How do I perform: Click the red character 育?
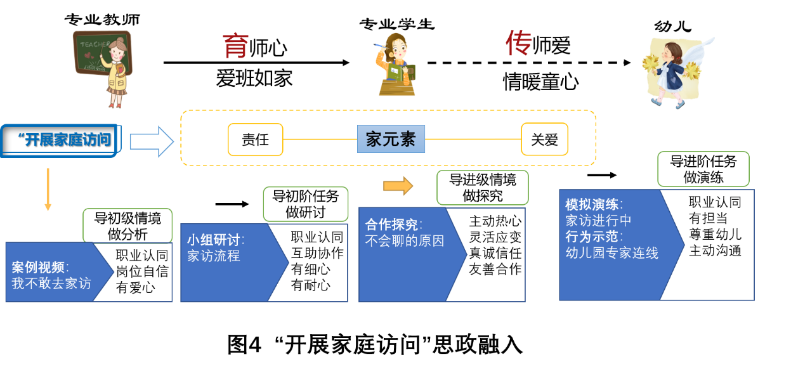235,46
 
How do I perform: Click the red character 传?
518,43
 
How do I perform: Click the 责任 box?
255,140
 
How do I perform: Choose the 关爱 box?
544,140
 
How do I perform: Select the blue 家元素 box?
391,139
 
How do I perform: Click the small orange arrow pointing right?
398,186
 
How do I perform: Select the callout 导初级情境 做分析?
127,226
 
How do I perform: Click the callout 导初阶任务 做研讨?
306,204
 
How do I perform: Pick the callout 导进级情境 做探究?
482,188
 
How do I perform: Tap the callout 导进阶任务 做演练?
703,169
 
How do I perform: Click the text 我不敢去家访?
51,283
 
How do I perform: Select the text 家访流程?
214,256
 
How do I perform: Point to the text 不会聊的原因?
405,240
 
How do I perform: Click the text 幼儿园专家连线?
611,252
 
